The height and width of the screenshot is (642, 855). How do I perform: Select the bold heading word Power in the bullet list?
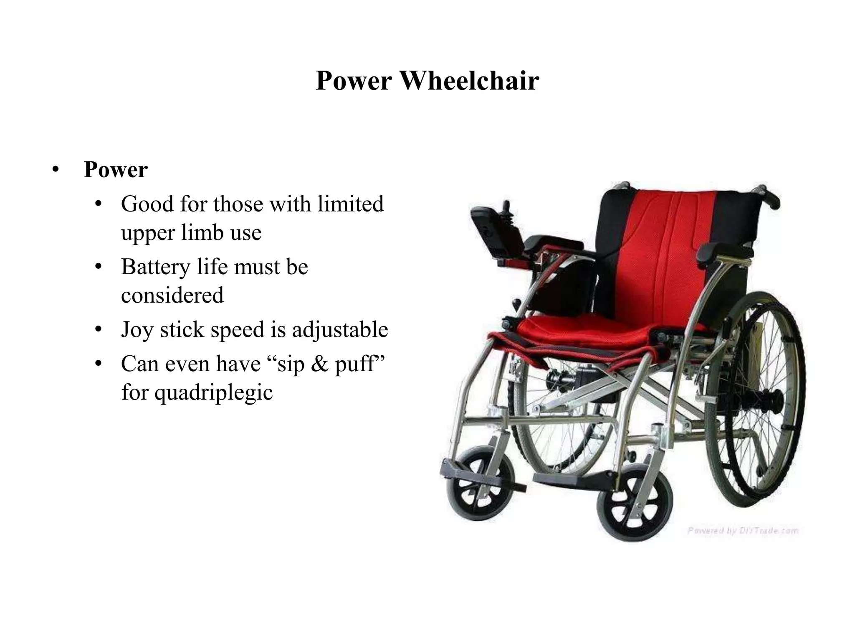pos(116,170)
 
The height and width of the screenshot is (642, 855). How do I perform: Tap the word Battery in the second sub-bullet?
pos(156,267)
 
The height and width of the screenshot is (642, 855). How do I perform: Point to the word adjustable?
pos(340,329)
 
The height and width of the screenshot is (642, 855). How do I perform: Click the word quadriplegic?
pos(213,392)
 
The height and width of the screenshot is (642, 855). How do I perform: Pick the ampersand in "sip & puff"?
pos(319,364)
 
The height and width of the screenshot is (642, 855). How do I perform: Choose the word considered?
pos(172,295)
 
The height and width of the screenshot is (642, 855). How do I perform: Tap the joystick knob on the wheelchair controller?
pos(507,206)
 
